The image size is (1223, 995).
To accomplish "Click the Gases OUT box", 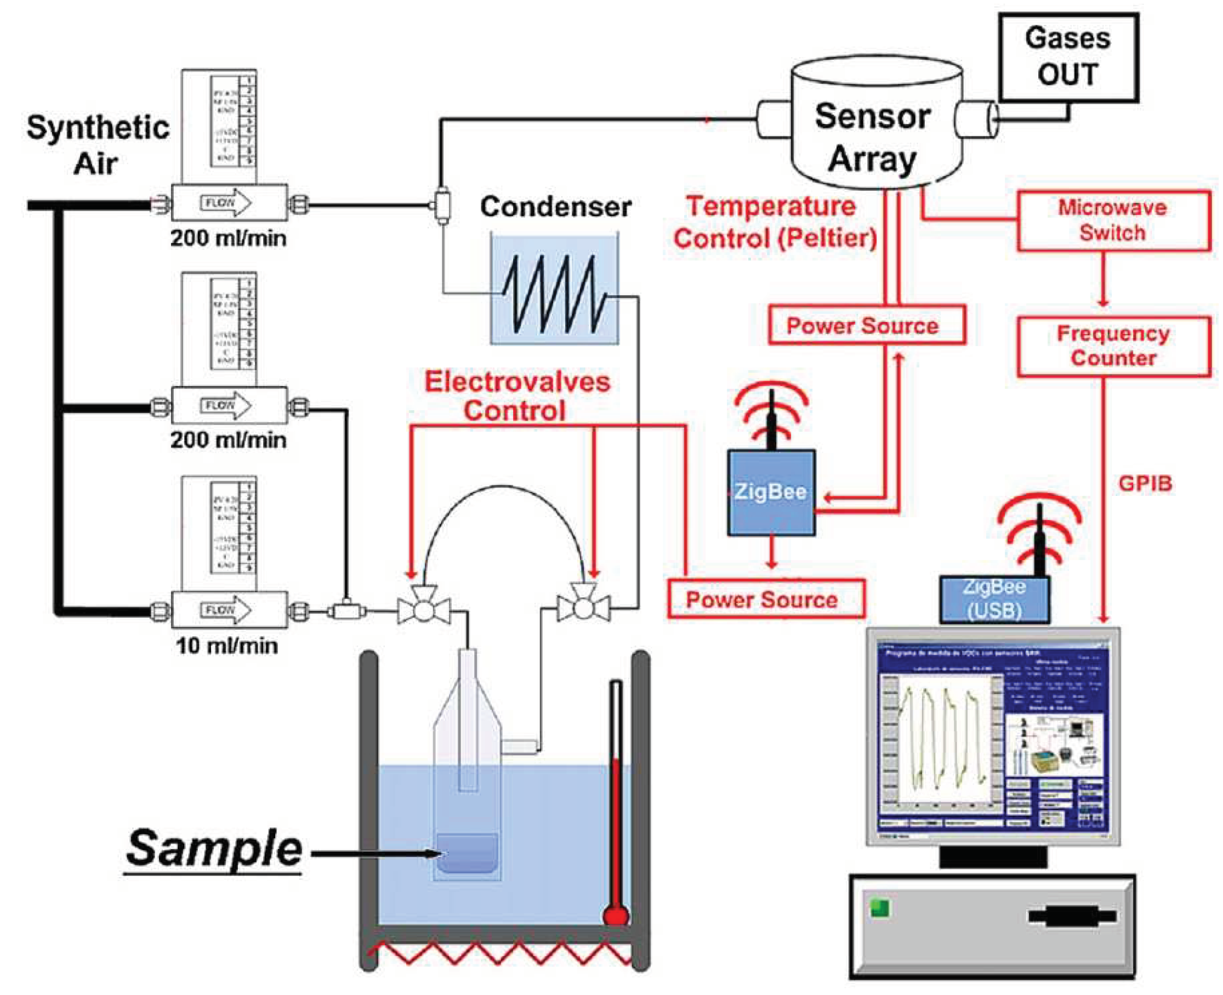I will (x=1068, y=57).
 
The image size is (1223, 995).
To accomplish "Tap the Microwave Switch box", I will (x=1112, y=221).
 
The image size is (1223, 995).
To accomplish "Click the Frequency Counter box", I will (x=1112, y=346).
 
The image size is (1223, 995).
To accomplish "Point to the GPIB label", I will (x=1145, y=483).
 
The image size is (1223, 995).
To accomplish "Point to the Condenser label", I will (x=555, y=206).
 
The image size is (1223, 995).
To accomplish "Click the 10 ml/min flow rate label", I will (x=227, y=646).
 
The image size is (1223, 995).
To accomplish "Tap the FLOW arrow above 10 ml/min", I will (x=226, y=610).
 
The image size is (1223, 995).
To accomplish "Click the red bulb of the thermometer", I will (x=616, y=915).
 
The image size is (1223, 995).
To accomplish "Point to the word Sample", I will (x=214, y=850).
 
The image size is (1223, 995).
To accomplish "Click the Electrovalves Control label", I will (x=517, y=396).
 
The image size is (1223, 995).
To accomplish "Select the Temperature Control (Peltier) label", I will (x=775, y=222).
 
